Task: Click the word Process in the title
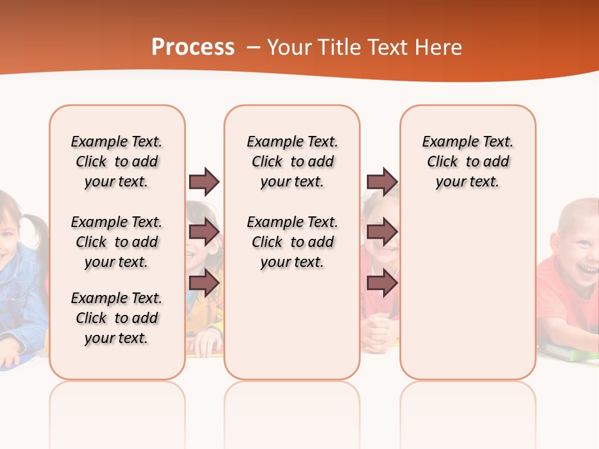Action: point(193,47)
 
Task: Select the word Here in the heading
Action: point(440,47)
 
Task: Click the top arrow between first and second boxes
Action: point(204,181)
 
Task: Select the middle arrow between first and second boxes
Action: point(204,232)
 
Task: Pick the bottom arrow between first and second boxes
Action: point(204,283)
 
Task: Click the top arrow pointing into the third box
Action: point(382,181)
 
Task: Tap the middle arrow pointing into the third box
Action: point(382,232)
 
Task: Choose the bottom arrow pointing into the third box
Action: point(382,283)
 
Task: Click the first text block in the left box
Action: point(117,162)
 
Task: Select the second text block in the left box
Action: point(117,242)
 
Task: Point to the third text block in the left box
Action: point(117,318)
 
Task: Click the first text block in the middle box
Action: point(292,162)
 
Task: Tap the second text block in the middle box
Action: point(292,242)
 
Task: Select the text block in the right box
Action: point(467,162)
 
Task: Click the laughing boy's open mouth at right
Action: point(587,268)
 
